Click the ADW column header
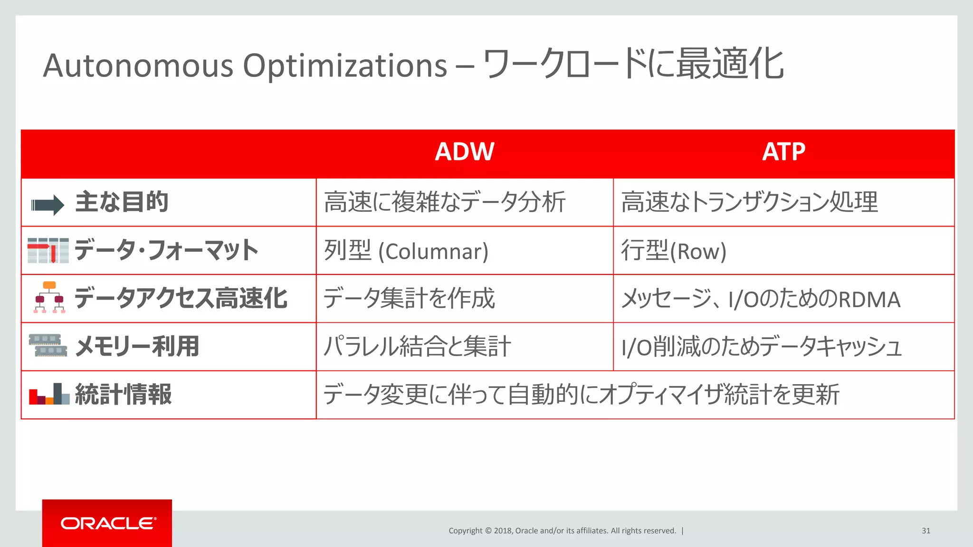pyautogui.click(x=464, y=152)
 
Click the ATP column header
pyautogui.click(x=783, y=152)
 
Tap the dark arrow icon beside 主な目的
pyautogui.click(x=48, y=205)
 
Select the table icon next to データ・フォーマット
pyautogui.click(x=48, y=250)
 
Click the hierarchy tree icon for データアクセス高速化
pyautogui.click(x=49, y=297)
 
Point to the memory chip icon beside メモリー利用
pyautogui.click(x=48, y=345)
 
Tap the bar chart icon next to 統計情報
pyautogui.click(x=49, y=394)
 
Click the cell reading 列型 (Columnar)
pyautogui.click(x=406, y=251)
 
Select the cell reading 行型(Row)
pyautogui.click(x=674, y=251)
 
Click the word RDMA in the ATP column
pyautogui.click(x=869, y=300)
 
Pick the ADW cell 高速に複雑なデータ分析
pyautogui.click(x=444, y=202)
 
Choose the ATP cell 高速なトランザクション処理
pyautogui.click(x=749, y=202)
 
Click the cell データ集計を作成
pyautogui.click(x=409, y=299)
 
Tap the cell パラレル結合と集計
pyautogui.click(x=417, y=347)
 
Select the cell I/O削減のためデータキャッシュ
pyautogui.click(x=761, y=347)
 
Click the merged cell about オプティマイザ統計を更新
pyautogui.click(x=581, y=395)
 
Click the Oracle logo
pyautogui.click(x=107, y=523)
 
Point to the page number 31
pyautogui.click(x=925, y=531)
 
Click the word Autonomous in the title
pyautogui.click(x=138, y=66)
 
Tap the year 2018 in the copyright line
pyautogui.click(x=503, y=531)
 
